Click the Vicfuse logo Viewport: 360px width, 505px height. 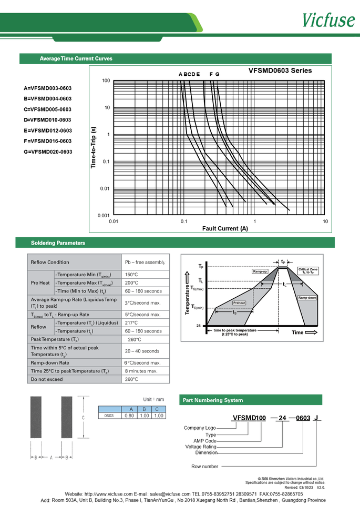[328, 19]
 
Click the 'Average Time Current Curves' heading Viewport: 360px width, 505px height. [76, 59]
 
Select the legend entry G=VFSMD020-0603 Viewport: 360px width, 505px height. [48, 152]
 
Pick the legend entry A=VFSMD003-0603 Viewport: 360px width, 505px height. [48, 88]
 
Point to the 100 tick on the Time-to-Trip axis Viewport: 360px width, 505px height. [106, 80]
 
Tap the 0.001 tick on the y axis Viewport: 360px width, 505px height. [104, 216]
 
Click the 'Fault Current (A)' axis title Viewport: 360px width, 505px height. [225, 229]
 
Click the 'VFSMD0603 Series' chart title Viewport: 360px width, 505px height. [280, 70]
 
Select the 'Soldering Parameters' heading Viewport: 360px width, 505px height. [58, 243]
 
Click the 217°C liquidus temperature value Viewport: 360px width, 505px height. [131, 323]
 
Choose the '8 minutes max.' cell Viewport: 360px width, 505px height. [141, 371]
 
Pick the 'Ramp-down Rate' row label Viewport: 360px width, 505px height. [50, 363]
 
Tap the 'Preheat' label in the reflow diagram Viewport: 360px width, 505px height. [239, 303]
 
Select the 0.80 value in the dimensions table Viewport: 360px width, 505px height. [128, 416]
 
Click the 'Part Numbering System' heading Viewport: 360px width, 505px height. [212, 400]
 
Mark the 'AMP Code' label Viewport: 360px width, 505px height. [204, 441]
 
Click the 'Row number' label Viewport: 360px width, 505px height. [204, 467]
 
